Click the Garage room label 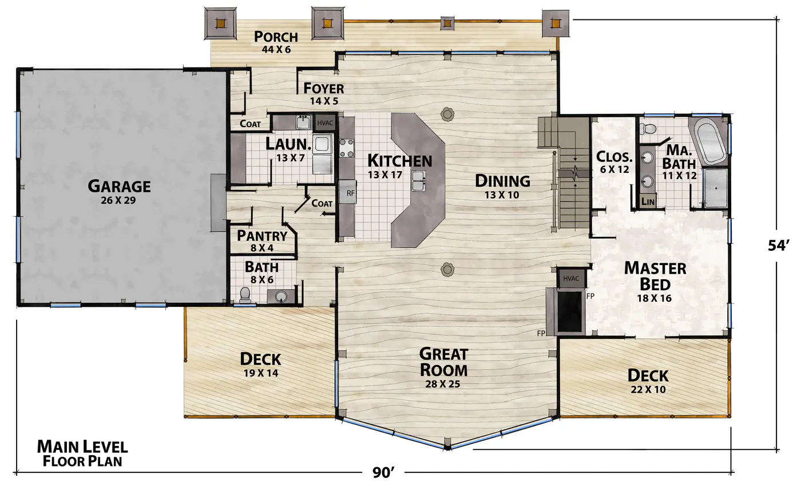tap(119, 186)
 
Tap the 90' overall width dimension tap(383, 472)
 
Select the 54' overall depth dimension tap(779, 246)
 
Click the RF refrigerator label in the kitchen tap(350, 193)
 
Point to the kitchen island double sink tap(418, 181)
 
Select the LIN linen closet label tap(648, 201)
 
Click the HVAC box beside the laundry tap(325, 123)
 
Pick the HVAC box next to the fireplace tap(571, 278)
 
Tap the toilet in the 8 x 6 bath tap(245, 295)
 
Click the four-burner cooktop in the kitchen tap(347, 148)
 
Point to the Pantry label tap(262, 236)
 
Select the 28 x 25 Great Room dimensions tap(443, 384)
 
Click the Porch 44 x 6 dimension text tap(276, 49)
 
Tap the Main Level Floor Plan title tap(82, 453)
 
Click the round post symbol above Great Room tap(447, 269)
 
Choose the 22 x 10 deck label tap(648, 389)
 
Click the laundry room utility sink tap(303, 122)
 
